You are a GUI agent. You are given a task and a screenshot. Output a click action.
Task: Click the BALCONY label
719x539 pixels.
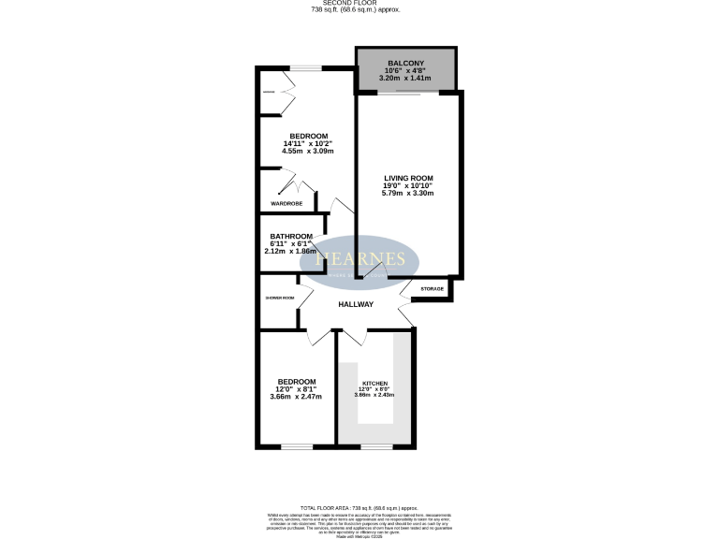tap(406, 64)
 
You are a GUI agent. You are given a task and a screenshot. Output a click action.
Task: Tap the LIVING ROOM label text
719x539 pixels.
tap(408, 178)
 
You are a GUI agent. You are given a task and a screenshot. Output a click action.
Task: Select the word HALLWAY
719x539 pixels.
tap(356, 304)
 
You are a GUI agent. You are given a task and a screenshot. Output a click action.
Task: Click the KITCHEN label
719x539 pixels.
tap(374, 385)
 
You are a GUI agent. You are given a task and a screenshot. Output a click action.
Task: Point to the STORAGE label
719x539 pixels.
tap(432, 289)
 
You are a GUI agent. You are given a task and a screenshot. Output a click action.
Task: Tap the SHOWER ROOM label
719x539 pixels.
tap(280, 299)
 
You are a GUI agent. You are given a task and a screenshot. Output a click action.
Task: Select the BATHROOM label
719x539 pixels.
tap(291, 237)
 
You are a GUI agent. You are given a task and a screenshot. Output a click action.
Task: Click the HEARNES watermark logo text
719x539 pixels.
tap(359, 259)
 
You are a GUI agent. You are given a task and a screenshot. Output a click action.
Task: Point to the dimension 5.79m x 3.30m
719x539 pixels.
tap(408, 194)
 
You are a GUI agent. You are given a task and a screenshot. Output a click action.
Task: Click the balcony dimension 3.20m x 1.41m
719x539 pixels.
tap(406, 80)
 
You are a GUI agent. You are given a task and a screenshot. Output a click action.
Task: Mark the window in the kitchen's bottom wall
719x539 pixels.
tap(375, 446)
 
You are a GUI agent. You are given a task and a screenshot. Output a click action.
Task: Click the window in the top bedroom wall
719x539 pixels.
tap(304, 68)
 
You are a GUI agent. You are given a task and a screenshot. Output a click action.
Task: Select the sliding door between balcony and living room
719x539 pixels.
tap(407, 92)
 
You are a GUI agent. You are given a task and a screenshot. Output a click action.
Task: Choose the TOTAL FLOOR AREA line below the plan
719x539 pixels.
tap(359, 506)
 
